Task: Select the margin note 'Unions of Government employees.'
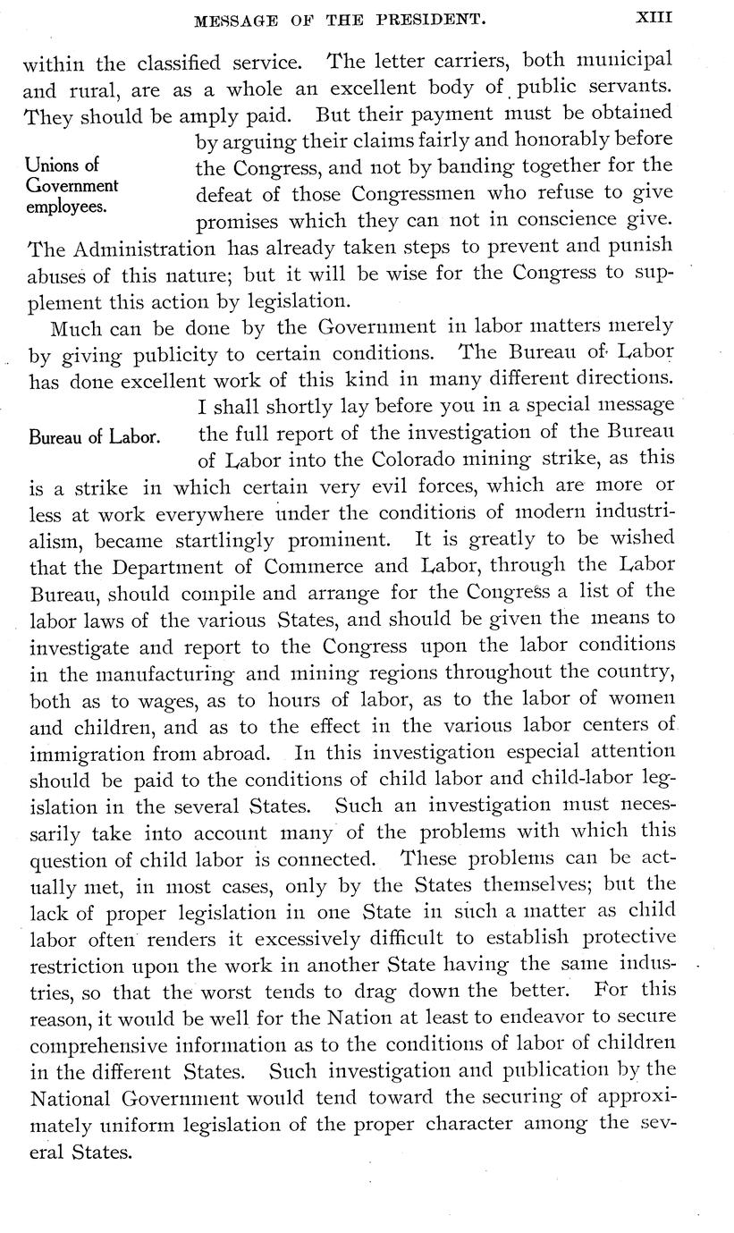pos(72,186)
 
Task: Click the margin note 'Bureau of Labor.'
pos(95,437)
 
